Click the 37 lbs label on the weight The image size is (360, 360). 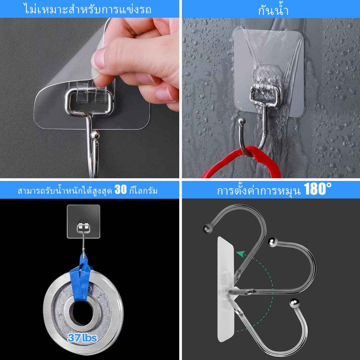[x=82, y=338]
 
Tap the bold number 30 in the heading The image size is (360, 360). [x=121, y=189]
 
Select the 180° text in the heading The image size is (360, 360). [x=317, y=189]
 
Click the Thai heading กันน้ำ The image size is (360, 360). [x=273, y=10]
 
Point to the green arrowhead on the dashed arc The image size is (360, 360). [x=240, y=254]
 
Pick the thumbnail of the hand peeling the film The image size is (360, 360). [x=90, y=98]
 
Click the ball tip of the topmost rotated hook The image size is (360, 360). [x=207, y=228]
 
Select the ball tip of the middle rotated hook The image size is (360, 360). [x=272, y=242]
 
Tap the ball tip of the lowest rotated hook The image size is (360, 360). [x=294, y=303]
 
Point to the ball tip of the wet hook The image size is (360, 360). [x=242, y=121]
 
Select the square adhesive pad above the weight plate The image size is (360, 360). [x=84, y=221]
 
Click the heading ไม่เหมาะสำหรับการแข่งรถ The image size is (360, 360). [x=88, y=9]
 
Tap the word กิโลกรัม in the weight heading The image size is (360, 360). [x=143, y=191]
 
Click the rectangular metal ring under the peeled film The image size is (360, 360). [x=90, y=101]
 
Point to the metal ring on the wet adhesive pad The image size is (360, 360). [x=265, y=96]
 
